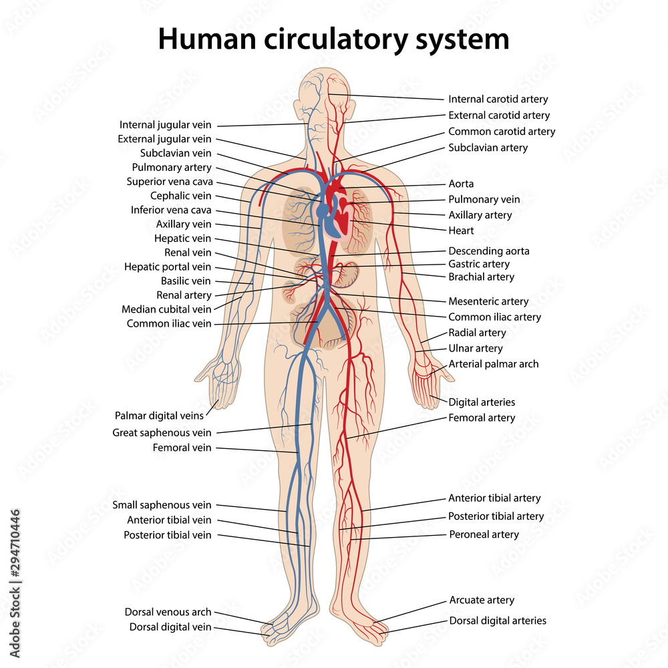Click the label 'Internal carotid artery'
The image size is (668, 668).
point(498,100)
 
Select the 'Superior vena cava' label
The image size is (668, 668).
point(170,182)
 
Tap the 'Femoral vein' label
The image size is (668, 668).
point(182,448)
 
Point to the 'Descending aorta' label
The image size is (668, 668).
point(489,251)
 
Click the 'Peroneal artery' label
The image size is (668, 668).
point(484,534)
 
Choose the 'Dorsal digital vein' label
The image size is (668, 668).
point(170,627)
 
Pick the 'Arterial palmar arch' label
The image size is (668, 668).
point(494,364)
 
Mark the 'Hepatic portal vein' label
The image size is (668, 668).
point(168,267)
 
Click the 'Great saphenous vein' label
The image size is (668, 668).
point(162,433)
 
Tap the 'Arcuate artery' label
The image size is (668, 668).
point(482,600)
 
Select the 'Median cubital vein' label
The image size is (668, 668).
point(166,309)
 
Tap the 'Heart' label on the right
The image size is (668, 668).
point(461,230)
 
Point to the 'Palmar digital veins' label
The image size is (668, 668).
point(160,415)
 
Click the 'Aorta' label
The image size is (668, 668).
point(461,184)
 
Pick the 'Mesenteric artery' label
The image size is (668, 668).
point(488,301)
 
